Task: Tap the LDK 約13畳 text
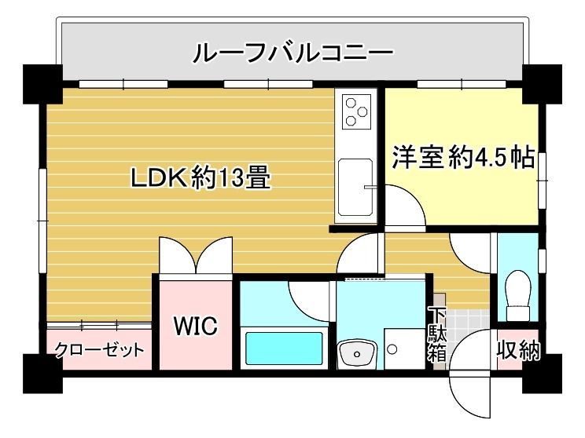tap(201, 179)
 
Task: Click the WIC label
tap(195, 326)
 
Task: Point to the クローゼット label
tap(100, 349)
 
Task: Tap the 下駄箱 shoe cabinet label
tap(437, 335)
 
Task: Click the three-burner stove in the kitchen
tap(356, 111)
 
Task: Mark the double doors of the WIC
tap(194, 257)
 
